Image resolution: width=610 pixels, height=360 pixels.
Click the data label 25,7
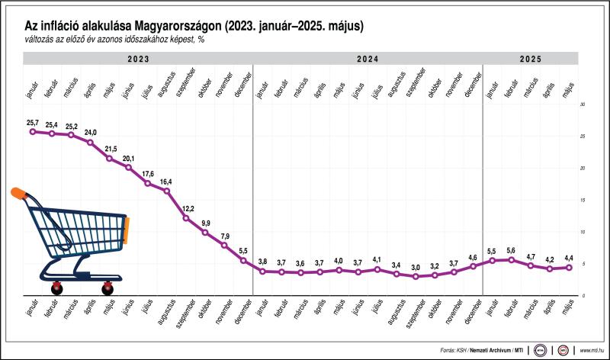[32, 122]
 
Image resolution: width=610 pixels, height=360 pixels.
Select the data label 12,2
[186, 208]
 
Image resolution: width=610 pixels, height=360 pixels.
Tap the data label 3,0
[416, 267]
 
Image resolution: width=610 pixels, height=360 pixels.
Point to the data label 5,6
[511, 250]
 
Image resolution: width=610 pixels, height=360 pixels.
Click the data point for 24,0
[90, 143]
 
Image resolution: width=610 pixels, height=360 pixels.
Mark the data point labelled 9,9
[205, 232]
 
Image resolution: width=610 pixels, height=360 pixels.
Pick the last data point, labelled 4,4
[568, 267]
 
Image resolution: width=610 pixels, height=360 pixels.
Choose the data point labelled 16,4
[167, 190]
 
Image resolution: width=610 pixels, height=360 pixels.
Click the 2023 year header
[138, 59]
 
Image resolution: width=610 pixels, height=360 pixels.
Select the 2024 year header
[368, 59]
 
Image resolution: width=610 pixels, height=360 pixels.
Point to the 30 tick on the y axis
[582, 104]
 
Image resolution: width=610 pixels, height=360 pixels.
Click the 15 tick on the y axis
[582, 200]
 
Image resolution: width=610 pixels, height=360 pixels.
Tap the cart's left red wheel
[56, 289]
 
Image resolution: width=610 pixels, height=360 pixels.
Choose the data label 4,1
[377, 260]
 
